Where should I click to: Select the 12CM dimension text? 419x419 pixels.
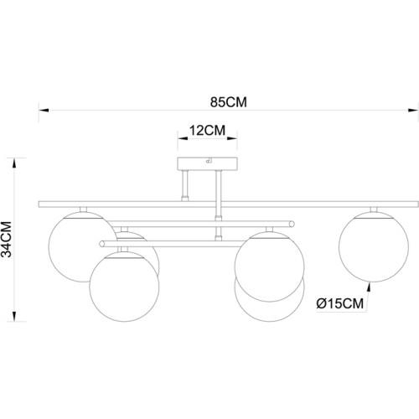[208, 130]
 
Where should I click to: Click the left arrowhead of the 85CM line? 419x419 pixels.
[44, 110]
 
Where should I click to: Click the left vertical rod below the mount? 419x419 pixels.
[186, 184]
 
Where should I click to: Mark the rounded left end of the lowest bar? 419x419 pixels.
[102, 245]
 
